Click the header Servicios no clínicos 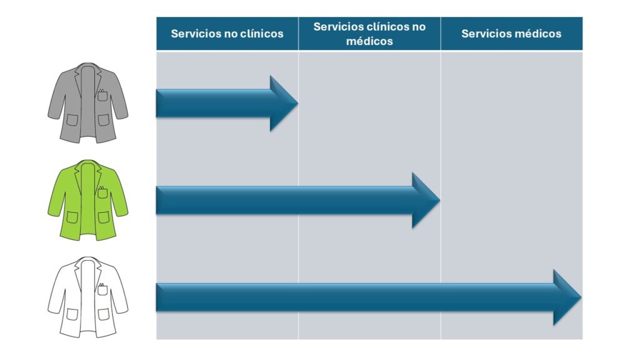[227, 34]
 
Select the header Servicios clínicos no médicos [369, 34]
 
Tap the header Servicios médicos [511, 34]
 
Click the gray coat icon [88, 103]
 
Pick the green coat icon [88, 200]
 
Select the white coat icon [88, 297]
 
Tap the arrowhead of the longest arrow [578, 297]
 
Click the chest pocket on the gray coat [102, 96]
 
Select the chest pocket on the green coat [102, 193]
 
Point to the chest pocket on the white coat [102, 290]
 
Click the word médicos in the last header [537, 34]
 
